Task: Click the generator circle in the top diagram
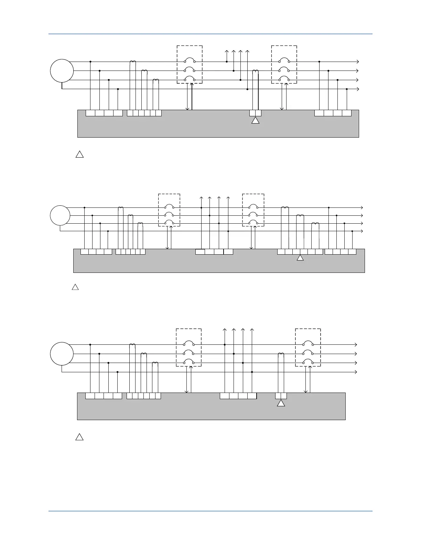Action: click(62, 71)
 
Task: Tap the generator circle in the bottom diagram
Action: click(62, 353)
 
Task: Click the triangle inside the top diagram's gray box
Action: click(255, 121)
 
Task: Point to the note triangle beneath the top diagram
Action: click(79, 154)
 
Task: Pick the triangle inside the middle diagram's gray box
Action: click(300, 258)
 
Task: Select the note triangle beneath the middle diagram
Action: click(75, 287)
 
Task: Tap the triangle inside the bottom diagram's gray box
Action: click(281, 404)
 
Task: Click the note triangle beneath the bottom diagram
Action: click(79, 437)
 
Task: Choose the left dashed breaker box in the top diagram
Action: click(190, 64)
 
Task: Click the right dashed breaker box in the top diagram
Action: click(284, 64)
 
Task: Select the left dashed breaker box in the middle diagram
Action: click(169, 210)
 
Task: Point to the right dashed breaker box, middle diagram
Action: click(253, 210)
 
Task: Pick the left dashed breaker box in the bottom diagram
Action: click(189, 348)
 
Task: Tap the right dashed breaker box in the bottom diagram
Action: click(308, 348)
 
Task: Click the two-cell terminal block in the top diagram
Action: click(255, 113)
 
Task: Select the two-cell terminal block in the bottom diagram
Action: click(281, 396)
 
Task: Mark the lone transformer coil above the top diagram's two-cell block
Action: click(256, 71)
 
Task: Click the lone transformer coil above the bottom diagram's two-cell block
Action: click(281, 354)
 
